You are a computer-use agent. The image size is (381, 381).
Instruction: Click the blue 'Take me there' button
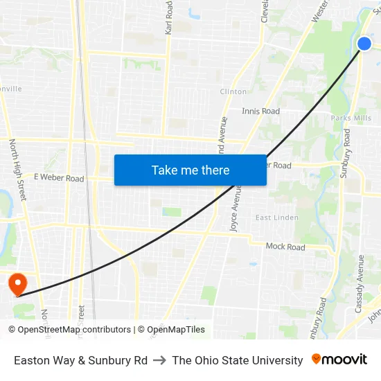click(190, 170)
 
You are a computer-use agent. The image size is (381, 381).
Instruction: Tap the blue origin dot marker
click(364, 44)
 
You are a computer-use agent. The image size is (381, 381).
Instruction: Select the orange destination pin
click(17, 283)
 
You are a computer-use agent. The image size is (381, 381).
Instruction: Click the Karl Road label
click(168, 18)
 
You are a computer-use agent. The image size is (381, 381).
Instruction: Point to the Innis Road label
click(260, 111)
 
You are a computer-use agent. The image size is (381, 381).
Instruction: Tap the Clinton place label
click(233, 91)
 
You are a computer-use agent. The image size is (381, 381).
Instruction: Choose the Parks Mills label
click(351, 118)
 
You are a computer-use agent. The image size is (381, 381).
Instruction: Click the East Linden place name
click(276, 218)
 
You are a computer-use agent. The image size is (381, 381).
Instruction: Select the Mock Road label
click(285, 247)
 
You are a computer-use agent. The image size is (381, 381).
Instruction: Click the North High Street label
click(17, 170)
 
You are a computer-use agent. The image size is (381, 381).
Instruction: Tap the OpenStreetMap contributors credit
click(71, 330)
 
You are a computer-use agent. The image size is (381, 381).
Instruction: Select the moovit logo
click(339, 360)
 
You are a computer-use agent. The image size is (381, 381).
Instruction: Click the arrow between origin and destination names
click(159, 360)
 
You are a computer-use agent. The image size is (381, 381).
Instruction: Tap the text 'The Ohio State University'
click(238, 360)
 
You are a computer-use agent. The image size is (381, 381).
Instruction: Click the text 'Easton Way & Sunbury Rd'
click(80, 360)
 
